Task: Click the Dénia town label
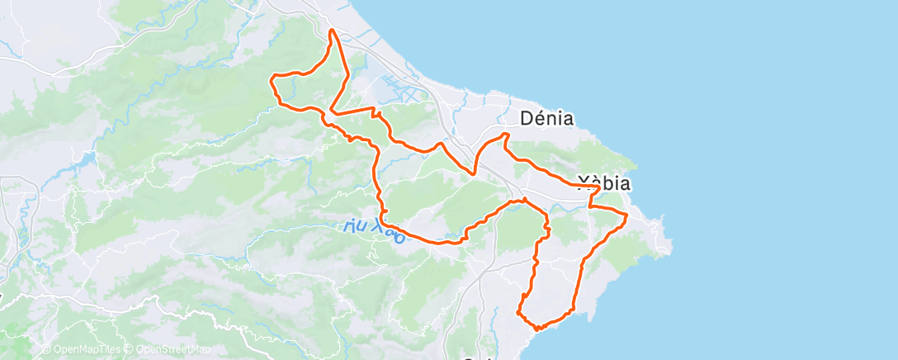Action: pos(547,118)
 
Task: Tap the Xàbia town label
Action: pos(605,183)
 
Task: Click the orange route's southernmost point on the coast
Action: pos(538,329)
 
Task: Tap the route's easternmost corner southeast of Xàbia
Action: pos(627,216)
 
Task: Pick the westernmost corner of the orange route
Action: pos(272,79)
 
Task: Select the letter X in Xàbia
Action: pos(584,183)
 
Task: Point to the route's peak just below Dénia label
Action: pos(506,134)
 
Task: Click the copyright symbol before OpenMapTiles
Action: pos(46,350)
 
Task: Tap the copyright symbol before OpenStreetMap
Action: pos(130,350)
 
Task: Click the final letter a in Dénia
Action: pos(567,119)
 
